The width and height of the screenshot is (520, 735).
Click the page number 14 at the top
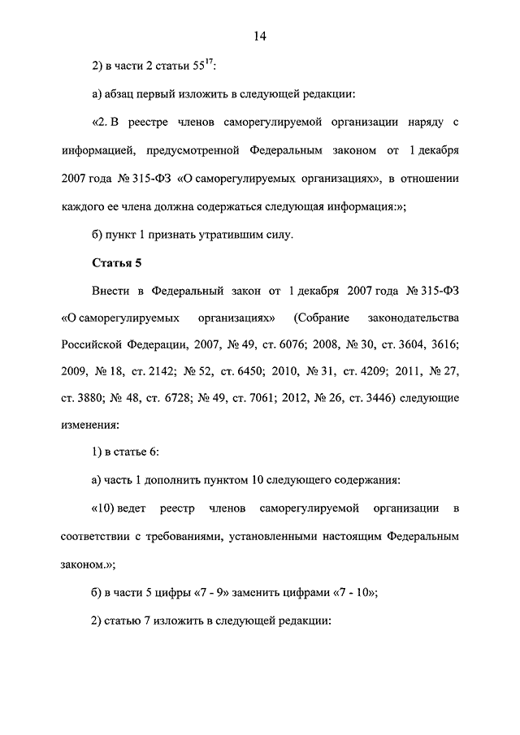coord(260,36)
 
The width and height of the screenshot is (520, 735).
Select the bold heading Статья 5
coord(115,262)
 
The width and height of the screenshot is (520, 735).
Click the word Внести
coord(111,290)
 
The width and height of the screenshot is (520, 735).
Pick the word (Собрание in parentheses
coord(323,317)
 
